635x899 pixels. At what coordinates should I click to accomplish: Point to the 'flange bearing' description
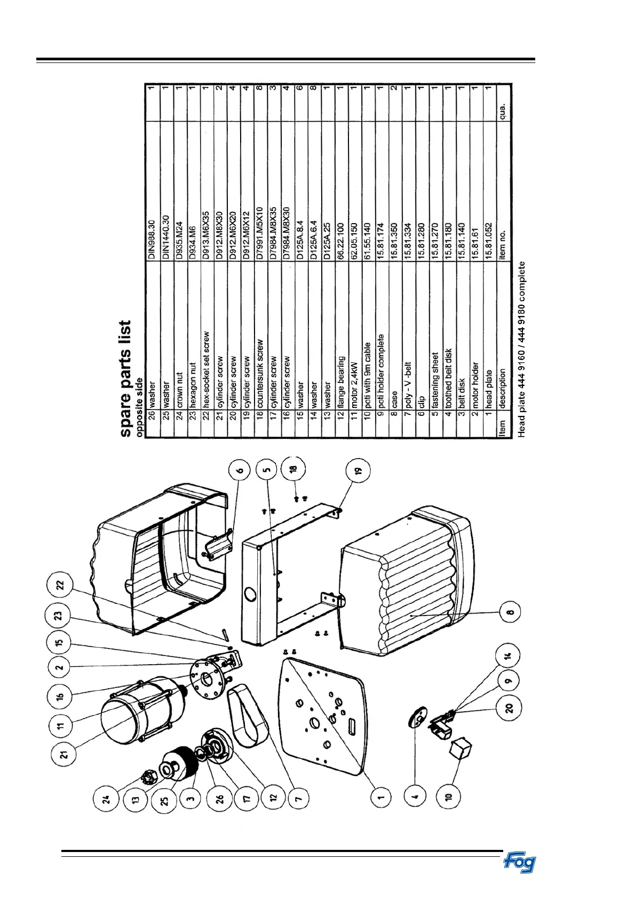click(340, 376)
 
